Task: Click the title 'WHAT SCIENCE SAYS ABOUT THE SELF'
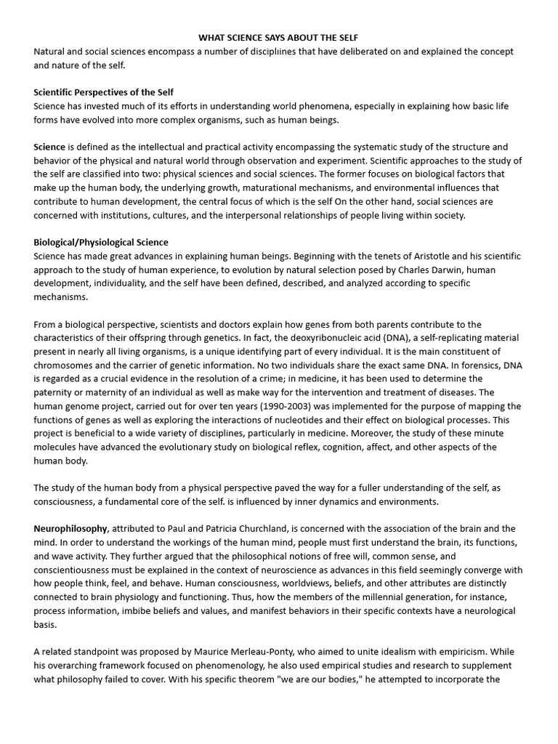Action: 278,38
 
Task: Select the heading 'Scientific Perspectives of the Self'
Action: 103,92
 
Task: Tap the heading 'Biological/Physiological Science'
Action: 101,242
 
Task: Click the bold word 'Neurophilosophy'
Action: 70,528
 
